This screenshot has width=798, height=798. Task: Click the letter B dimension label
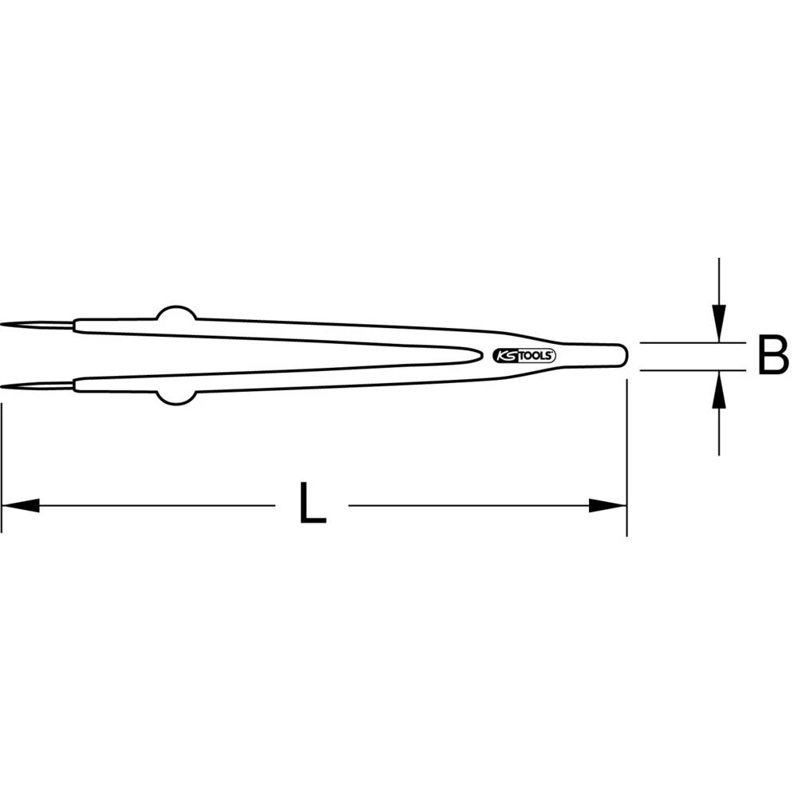pyautogui.click(x=772, y=356)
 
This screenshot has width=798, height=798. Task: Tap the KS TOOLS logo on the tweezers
pyautogui.click(x=525, y=356)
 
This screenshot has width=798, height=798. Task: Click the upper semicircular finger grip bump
pyautogui.click(x=176, y=313)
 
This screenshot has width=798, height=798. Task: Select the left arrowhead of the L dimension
pyautogui.click(x=21, y=505)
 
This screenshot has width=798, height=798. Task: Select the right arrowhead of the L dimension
pyautogui.click(x=607, y=505)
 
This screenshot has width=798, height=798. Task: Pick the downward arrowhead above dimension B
pyautogui.click(x=720, y=326)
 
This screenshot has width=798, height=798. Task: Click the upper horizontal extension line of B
pyautogui.click(x=678, y=343)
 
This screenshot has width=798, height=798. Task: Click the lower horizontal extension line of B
pyautogui.click(x=678, y=370)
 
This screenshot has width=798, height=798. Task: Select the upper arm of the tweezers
pyautogui.click(x=319, y=329)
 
